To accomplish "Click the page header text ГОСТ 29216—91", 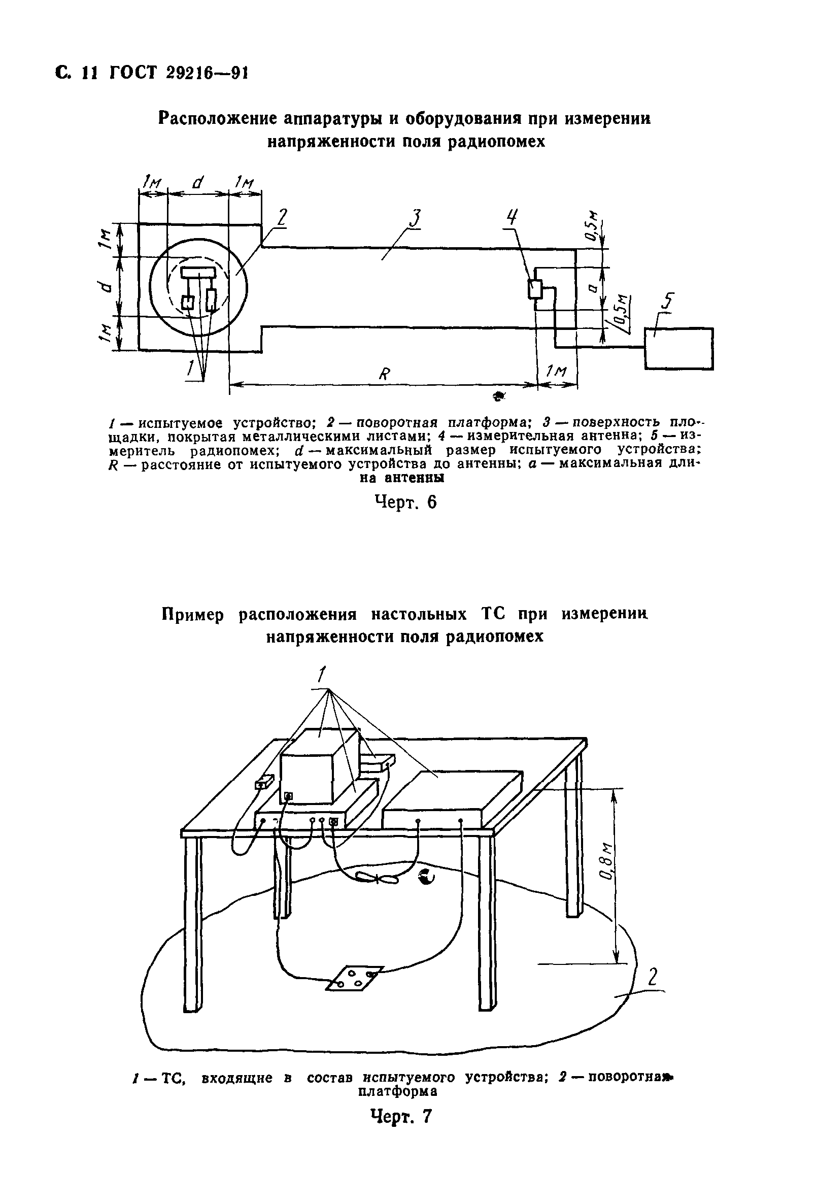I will click(179, 74).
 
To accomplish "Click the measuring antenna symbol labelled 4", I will click(535, 289).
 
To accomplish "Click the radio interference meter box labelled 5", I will click(678, 349).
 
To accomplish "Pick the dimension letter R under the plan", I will click(384, 374).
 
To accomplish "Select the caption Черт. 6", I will click(405, 502).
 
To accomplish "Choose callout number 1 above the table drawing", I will click(322, 675).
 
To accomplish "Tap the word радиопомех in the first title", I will click(496, 142).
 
